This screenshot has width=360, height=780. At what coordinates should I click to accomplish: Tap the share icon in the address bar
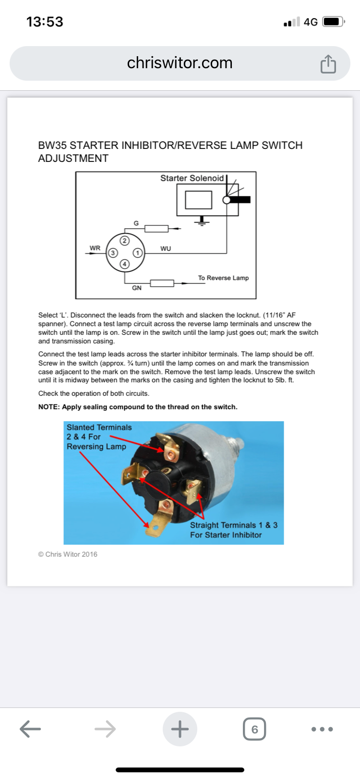pos(328,64)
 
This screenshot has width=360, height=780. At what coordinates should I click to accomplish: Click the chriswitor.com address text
pos(180,63)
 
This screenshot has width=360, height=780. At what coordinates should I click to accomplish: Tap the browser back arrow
pos(30,729)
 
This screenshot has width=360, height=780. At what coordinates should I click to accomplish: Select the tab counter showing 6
pos(254,729)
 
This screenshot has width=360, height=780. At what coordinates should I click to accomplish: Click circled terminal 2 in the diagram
pos(125,240)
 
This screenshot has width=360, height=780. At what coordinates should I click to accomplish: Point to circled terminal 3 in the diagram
pos(112,253)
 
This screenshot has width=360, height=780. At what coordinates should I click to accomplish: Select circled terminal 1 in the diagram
pos(137,253)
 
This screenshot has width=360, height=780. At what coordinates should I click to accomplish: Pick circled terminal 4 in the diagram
pos(125,264)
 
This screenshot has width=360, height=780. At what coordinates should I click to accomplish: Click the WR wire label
pos(95,248)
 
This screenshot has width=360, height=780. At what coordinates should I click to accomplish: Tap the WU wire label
pos(166,249)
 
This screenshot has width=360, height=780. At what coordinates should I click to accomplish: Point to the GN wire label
pos(137,288)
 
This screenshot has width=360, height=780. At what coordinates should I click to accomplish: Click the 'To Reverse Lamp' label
pos(223,278)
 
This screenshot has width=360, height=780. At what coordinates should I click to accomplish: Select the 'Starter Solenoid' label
pos(192,178)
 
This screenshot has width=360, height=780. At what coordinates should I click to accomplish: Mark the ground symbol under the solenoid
pos(202,221)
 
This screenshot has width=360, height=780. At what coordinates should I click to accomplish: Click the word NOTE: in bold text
pos(49,407)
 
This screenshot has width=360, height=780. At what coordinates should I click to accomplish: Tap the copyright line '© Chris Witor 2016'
pos(68,554)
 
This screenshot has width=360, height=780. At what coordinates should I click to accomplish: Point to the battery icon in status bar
pos(333,22)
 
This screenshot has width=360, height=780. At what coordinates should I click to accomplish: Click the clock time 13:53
pos(45,22)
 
